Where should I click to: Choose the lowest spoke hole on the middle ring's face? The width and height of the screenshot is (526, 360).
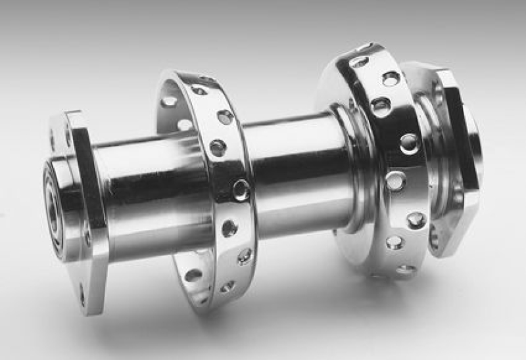coord(227,286)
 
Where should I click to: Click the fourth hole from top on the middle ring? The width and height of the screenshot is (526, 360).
coord(241,190)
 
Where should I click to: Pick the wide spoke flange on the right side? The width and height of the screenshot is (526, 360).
coord(388,164)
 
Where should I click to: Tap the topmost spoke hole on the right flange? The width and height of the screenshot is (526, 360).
coord(360,62)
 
